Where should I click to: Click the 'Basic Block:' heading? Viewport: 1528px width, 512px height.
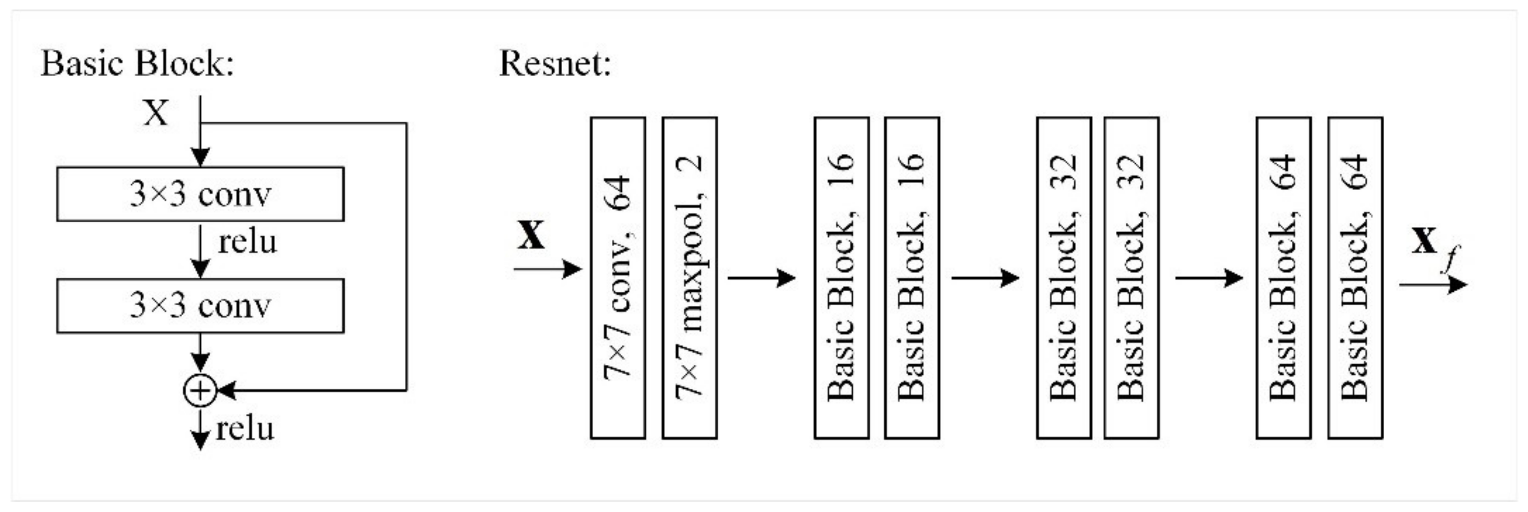tap(137, 64)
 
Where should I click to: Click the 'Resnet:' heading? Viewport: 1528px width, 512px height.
tap(555, 64)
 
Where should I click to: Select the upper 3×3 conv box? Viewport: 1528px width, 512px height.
tap(200, 194)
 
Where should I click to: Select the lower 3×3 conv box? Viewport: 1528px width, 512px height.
tap(200, 306)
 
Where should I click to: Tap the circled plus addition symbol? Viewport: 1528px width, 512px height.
tap(200, 391)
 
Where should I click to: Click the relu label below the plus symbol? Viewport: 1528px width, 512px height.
tap(245, 429)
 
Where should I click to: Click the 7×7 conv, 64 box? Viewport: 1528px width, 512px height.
tap(618, 277)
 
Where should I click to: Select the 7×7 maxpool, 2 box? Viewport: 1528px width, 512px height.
tap(689, 277)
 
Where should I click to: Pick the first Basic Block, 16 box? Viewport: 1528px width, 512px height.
tap(841, 277)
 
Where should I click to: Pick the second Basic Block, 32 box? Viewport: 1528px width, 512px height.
tap(1130, 277)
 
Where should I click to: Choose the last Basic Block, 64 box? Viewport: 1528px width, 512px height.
tap(1355, 277)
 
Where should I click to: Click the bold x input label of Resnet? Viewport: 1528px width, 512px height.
tap(531, 235)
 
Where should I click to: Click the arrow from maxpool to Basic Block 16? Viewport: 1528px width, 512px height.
tap(761, 277)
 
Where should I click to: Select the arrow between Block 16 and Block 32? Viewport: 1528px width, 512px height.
tap(985, 277)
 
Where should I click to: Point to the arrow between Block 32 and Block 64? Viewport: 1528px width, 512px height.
tap(1208, 277)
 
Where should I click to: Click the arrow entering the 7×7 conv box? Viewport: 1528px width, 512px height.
tap(547, 269)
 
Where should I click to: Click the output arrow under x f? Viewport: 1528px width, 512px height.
tap(1432, 285)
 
